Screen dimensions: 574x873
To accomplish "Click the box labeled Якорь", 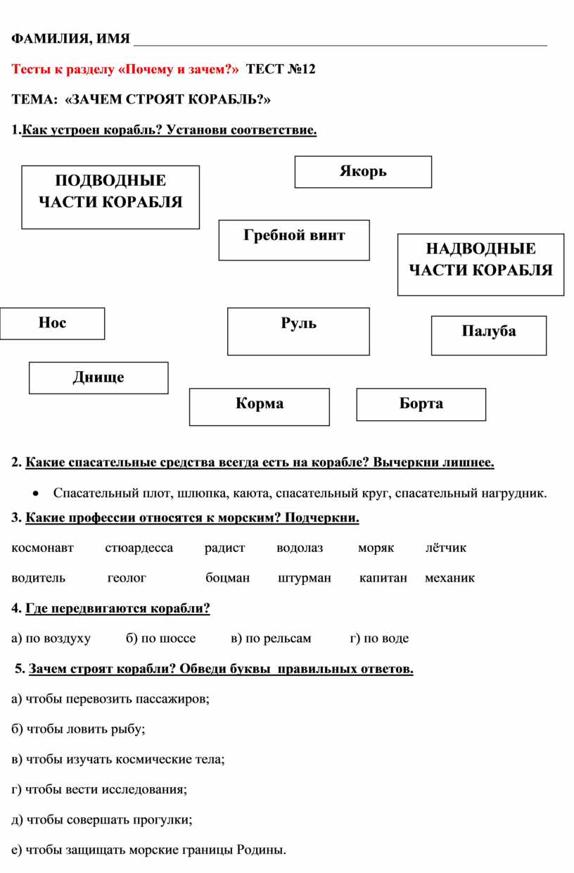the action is tap(363, 172).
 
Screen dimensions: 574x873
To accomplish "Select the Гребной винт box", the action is tap(294, 240).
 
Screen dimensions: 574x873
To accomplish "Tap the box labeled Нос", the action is tap(52, 323).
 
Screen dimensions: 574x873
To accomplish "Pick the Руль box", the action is tap(298, 332).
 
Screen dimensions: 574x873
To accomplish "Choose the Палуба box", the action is tap(489, 336).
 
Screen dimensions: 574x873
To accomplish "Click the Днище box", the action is tap(98, 377).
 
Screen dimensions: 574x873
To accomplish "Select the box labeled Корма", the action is tap(260, 407).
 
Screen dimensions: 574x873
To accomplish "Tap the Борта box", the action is tap(421, 405).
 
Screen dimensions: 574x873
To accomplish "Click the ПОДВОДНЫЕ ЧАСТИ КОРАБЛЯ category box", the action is tap(110, 197).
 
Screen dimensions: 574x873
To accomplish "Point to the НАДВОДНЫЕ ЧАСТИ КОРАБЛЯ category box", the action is tap(480, 265).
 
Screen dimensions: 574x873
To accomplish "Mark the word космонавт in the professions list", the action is tap(42, 548).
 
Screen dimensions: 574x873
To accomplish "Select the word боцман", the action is tap(227, 577).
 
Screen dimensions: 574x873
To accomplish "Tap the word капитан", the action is tap(383, 578).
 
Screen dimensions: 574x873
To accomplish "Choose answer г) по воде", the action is tap(379, 639).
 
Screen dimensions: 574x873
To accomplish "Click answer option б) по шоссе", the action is tap(160, 639).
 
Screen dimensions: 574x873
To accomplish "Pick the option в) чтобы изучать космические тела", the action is tap(118, 759).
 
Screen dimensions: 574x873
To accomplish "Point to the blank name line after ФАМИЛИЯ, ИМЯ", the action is tap(340, 46).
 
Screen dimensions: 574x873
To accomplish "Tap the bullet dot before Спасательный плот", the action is tap(36, 494).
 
